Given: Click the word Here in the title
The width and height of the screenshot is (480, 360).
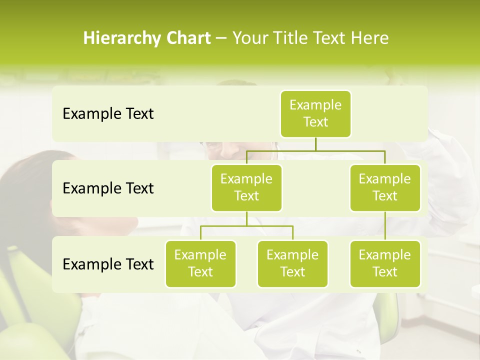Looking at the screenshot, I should point(370,38).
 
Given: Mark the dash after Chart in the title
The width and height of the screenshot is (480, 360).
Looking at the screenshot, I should point(221,39).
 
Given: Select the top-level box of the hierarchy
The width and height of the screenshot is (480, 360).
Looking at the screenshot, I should point(315,113).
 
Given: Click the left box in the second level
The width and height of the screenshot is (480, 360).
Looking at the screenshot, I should point(246,187).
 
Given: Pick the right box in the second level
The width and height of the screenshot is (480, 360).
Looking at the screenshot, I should point(385,187).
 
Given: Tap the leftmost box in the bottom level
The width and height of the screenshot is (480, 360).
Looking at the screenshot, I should point(200,263).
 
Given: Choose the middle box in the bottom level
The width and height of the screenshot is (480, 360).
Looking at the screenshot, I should point(292,263).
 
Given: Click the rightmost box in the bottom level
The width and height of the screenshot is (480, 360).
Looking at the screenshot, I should point(385,263).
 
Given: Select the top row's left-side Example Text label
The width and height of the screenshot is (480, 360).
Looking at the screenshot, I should point(108,114).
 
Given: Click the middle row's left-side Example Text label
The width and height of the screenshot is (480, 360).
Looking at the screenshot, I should point(108,188).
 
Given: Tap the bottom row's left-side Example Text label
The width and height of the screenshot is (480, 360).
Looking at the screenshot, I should point(108,264).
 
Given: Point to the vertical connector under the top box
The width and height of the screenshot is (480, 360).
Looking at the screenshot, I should point(315,143).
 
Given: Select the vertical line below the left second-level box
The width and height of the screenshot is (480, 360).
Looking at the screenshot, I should point(246,218).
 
